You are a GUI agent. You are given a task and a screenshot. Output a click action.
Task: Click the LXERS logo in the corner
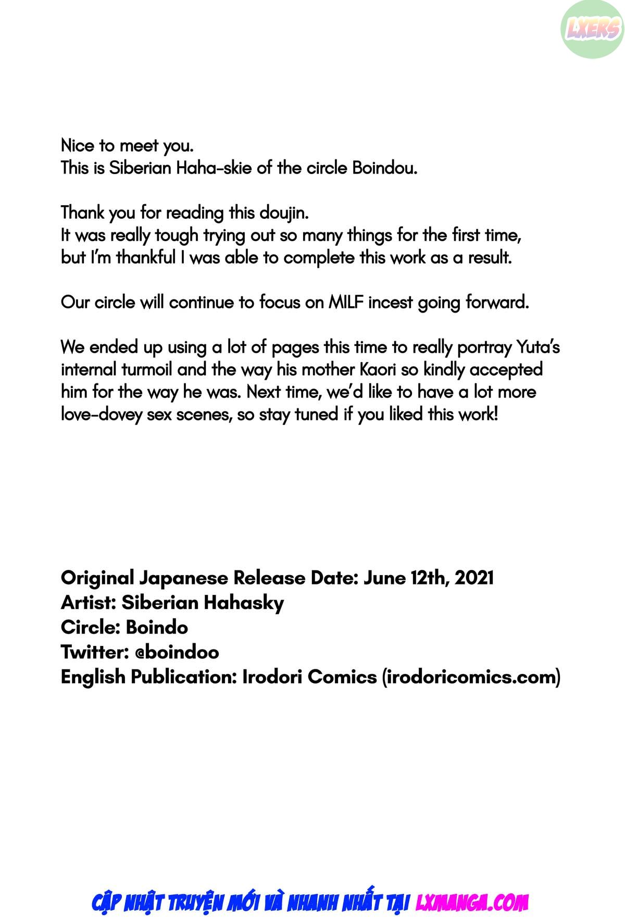pos(592,29)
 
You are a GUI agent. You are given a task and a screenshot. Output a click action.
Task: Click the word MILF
pos(346,302)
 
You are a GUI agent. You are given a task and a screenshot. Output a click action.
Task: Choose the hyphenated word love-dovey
pos(101,415)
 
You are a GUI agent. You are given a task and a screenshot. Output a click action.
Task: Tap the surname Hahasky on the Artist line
pos(243,603)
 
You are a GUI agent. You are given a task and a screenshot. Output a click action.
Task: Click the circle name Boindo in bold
pos(156,627)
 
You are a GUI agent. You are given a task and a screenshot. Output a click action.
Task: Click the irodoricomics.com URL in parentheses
pos(471,677)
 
